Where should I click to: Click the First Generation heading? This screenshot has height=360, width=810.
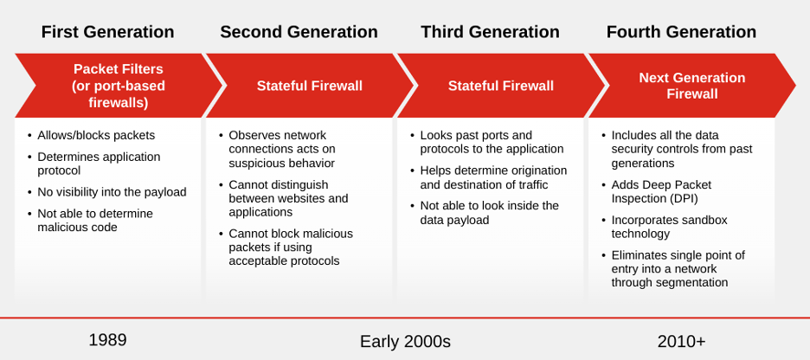pos(107,32)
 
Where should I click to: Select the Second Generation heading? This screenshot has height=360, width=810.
pos(299,32)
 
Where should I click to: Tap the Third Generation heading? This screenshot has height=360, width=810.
pos(490,32)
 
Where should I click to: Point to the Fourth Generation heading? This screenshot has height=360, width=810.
pos(681,32)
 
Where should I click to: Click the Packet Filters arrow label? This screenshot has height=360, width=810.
pos(118,86)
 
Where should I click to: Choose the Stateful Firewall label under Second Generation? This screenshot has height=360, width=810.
pos(309,86)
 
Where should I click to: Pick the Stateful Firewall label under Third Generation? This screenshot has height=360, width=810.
pos(500,86)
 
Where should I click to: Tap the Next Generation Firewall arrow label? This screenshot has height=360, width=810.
pos(691,86)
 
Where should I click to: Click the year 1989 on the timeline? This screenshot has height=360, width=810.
pos(107,340)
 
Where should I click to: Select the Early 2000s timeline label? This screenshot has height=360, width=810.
pos(405,341)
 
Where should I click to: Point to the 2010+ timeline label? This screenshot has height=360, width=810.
pos(681,341)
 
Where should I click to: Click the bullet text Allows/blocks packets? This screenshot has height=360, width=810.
pos(96,135)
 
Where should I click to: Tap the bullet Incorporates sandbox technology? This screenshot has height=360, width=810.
pos(669,227)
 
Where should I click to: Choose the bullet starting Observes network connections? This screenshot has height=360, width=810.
pos(281,149)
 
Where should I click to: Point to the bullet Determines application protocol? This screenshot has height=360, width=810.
pos(99,163)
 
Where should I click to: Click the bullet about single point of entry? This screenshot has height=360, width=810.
pos(678,268)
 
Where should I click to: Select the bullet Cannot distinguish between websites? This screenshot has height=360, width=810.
pos(288,198)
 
